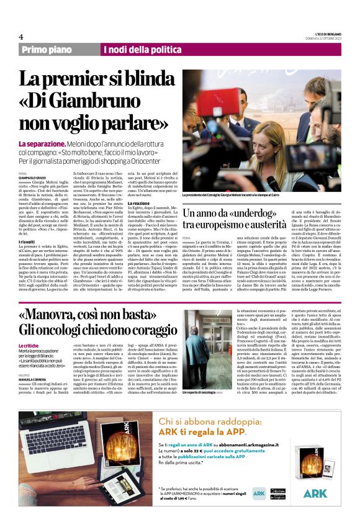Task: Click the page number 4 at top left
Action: click(x=21, y=36)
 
